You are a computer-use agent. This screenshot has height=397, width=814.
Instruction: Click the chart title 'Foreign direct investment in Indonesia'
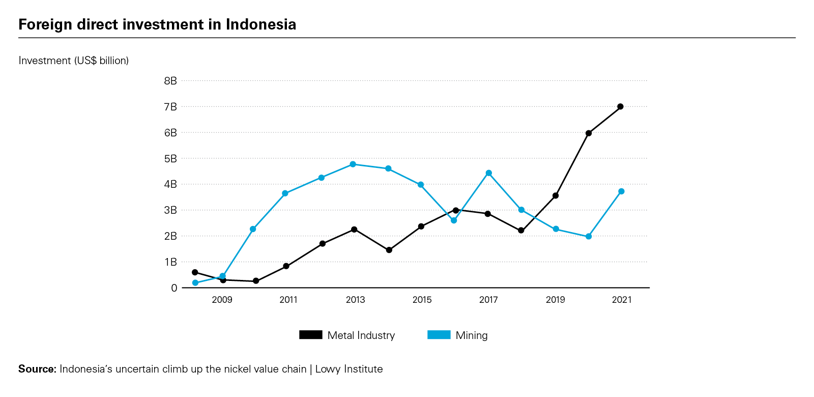tap(157, 24)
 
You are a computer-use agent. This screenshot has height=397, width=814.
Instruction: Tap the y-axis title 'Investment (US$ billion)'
tap(74, 61)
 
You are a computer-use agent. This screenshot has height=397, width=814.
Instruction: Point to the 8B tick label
tap(170, 80)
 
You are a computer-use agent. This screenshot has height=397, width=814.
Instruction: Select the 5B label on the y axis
tap(170, 158)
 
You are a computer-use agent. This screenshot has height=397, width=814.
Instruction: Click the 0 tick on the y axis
tap(174, 288)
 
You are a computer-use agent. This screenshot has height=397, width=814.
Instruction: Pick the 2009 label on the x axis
tap(222, 300)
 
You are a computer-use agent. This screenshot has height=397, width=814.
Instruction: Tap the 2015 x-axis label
tap(422, 300)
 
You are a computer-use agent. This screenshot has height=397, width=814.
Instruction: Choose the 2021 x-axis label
tap(622, 300)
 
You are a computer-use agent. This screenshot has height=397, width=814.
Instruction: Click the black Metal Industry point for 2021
tap(620, 106)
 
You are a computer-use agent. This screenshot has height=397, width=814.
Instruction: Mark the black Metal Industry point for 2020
tap(589, 133)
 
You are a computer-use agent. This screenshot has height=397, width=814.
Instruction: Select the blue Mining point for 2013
tap(353, 164)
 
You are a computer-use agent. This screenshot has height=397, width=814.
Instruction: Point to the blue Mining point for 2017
tap(488, 173)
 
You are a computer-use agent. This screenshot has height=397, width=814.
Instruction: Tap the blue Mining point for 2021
tap(621, 191)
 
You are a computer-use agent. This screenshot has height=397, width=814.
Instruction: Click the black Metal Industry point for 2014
tap(389, 250)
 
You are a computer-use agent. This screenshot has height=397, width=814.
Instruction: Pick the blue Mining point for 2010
tap(253, 229)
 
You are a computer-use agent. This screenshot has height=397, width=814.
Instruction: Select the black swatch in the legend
tap(310, 335)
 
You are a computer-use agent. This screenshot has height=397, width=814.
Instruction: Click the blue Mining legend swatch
tap(439, 335)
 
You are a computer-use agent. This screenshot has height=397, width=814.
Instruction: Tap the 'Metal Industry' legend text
tap(361, 335)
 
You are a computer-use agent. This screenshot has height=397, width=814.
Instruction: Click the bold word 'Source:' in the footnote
tap(37, 369)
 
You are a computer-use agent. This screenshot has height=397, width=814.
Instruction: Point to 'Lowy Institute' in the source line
tap(349, 369)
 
